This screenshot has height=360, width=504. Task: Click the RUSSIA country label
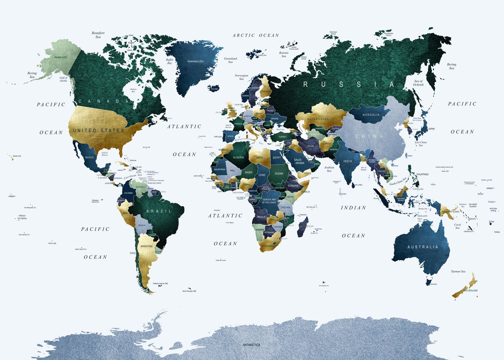click(349, 84)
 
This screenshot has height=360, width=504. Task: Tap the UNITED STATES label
click(99, 130)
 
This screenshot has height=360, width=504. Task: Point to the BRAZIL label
click(158, 211)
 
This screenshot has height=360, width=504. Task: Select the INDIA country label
click(347, 161)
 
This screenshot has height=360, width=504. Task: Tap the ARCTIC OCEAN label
click(256, 35)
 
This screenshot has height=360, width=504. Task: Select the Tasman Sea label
click(457, 271)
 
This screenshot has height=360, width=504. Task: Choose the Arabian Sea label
click(329, 169)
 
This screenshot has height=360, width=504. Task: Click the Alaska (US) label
click(60, 57)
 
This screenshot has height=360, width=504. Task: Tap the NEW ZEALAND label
click(470, 291)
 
